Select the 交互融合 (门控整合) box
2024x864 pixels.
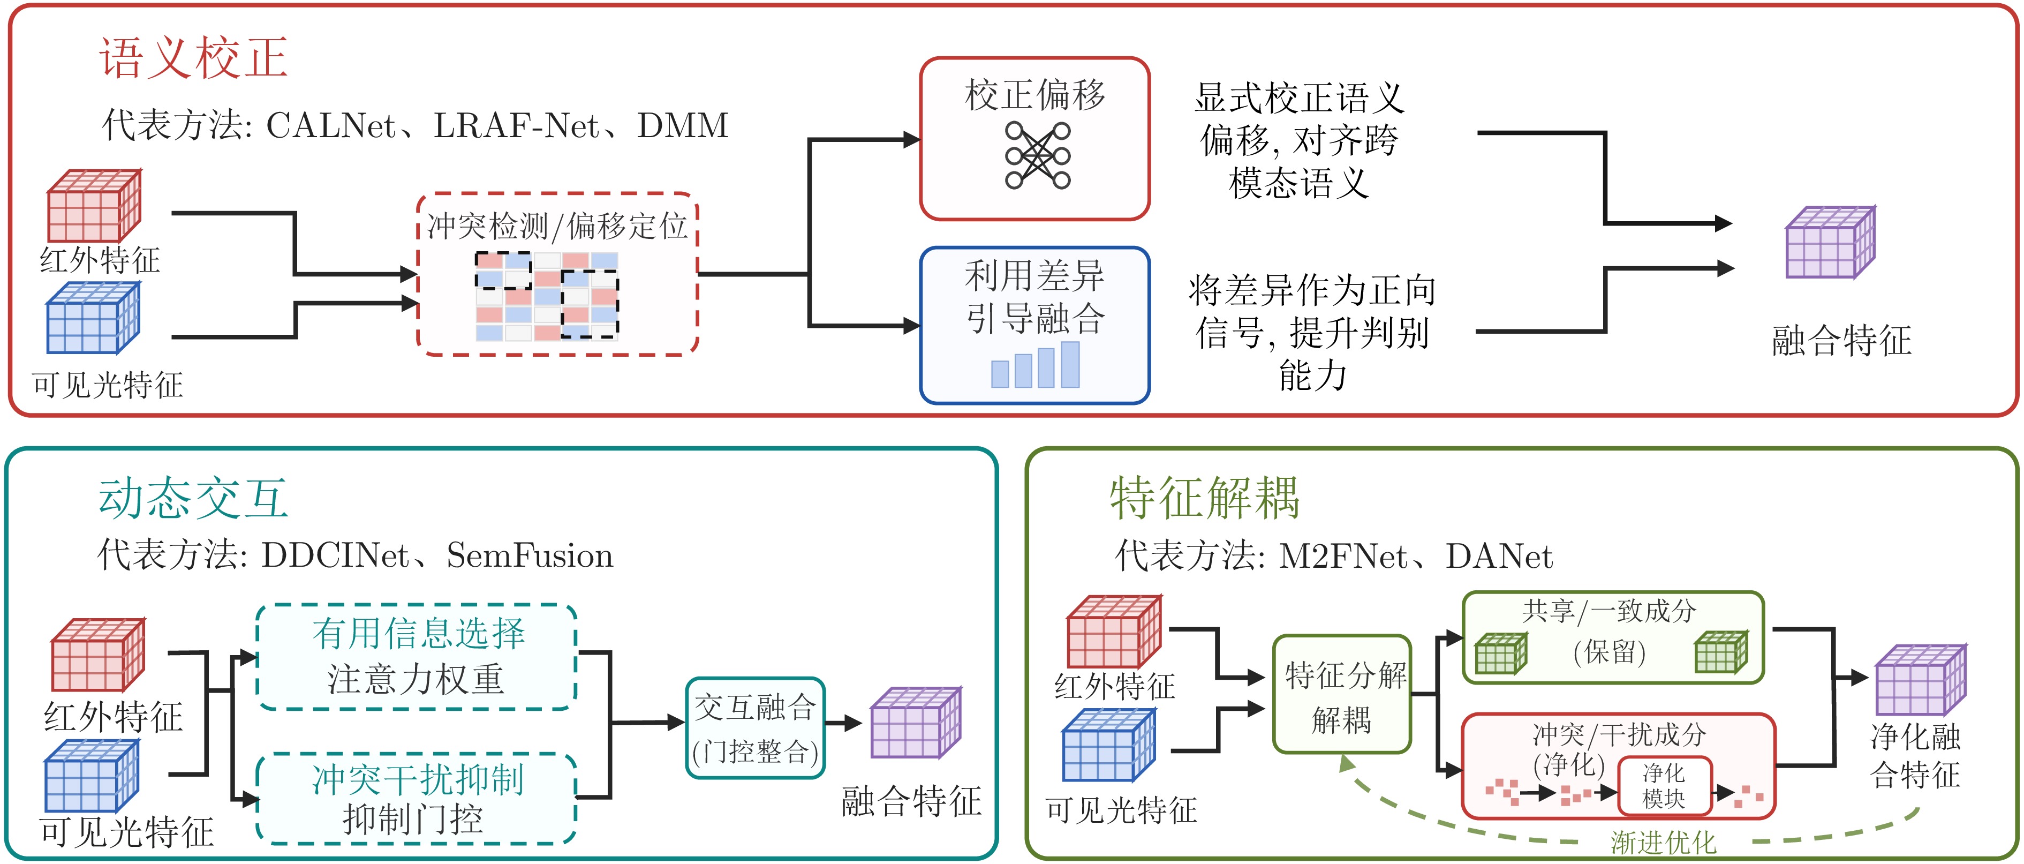coord(755,728)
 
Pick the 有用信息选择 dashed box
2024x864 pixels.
coord(417,657)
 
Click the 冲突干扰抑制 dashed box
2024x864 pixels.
coord(417,798)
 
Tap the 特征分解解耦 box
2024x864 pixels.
coord(1342,694)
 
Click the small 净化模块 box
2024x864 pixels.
coord(1663,786)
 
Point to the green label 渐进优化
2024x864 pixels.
coord(1663,842)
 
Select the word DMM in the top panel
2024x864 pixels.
coord(683,126)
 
